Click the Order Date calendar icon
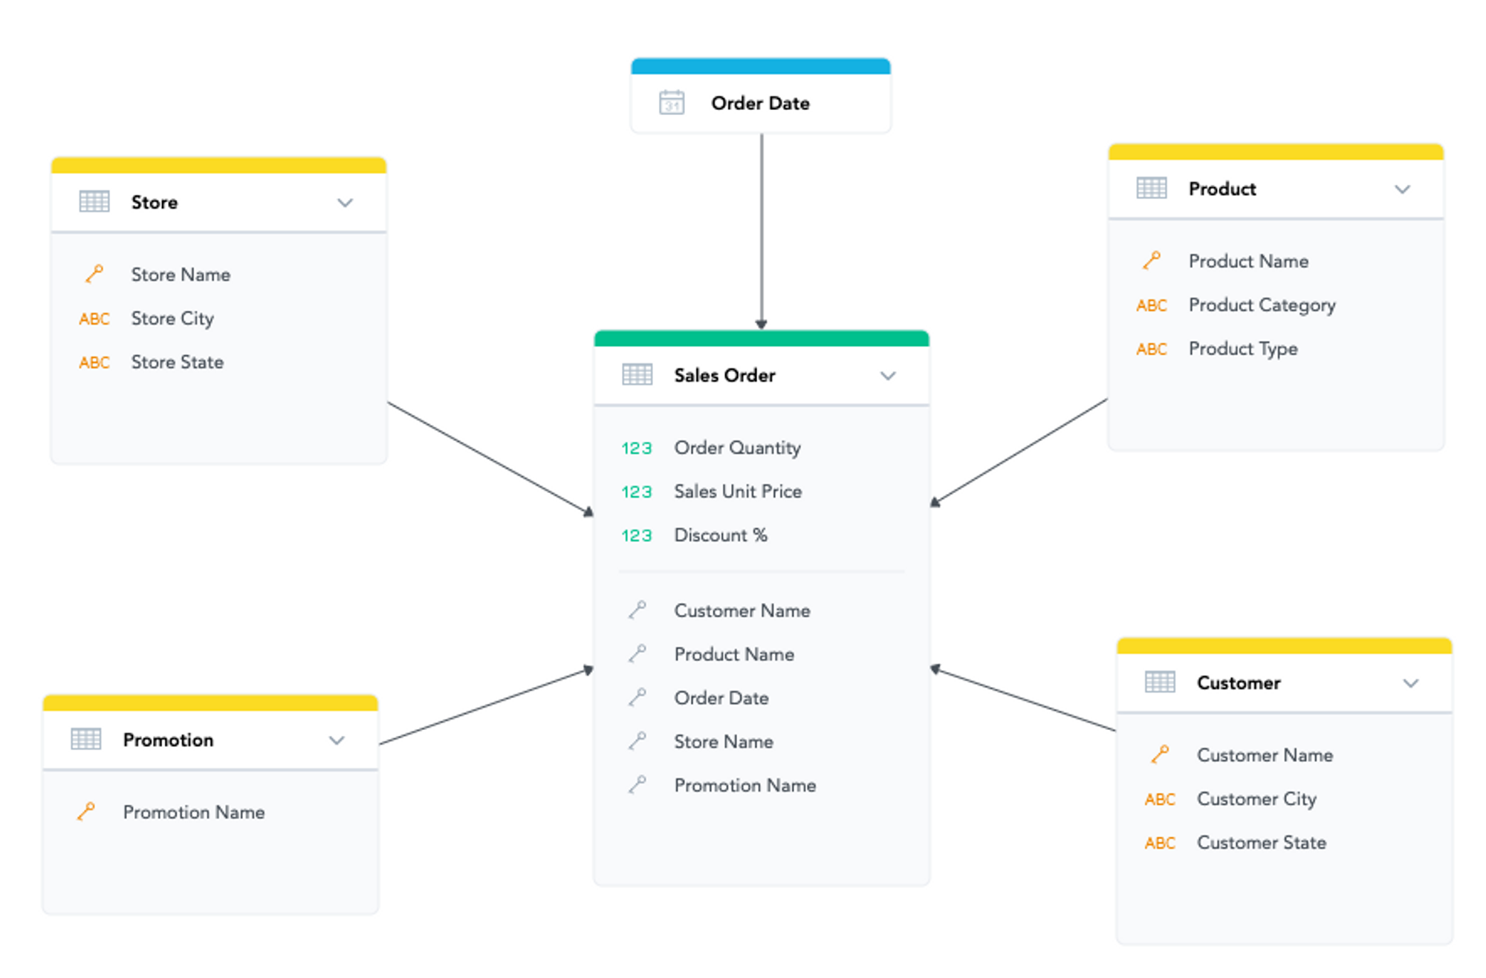tap(672, 102)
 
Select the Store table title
tap(155, 202)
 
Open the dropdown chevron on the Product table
tap(1402, 189)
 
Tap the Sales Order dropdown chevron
tap(888, 376)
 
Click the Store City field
tap(172, 319)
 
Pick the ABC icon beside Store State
tap(94, 362)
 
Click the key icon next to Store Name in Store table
tap(94, 274)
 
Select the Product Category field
tap(1262, 305)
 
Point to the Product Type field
tap(1242, 349)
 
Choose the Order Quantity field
tap(737, 448)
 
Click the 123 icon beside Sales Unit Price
tap(637, 492)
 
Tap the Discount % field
tap(720, 535)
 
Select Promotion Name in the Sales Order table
tap(744, 785)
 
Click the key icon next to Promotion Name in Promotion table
tap(86, 812)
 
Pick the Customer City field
tap(1256, 799)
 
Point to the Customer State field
tap(1261, 843)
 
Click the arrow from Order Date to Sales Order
tap(762, 230)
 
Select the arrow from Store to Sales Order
tap(490, 458)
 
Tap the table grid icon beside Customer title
tap(1160, 682)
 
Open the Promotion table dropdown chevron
tap(337, 740)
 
